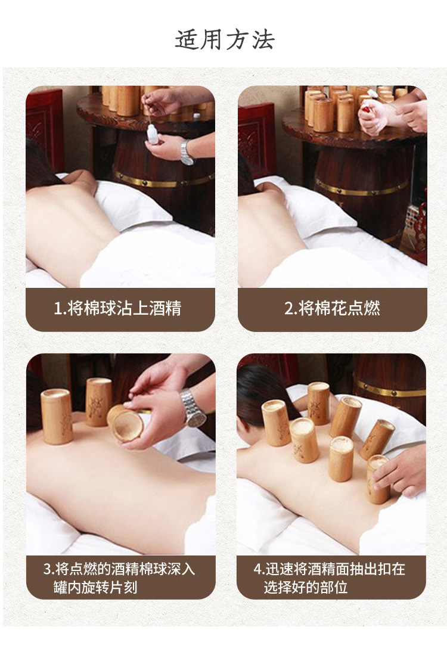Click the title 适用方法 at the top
224,40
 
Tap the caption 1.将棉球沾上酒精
117,308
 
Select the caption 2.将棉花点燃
332,308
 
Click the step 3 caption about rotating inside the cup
119,578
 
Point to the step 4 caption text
330,578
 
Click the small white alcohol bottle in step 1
153,134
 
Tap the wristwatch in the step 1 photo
187,153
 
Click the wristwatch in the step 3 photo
193,408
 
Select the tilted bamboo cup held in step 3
125,423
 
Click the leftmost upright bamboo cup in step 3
57,417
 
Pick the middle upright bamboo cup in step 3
99,402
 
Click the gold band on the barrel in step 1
164,179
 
